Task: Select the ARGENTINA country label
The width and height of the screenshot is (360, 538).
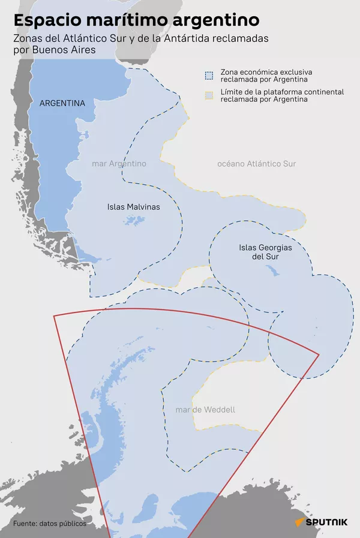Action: tap(62, 103)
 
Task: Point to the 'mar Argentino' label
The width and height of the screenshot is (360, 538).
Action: tap(119, 163)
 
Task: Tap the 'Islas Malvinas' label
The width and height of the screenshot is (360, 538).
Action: tap(133, 207)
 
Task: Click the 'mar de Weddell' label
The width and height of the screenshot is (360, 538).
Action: tap(205, 410)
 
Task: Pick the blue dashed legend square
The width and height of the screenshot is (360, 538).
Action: tap(209, 76)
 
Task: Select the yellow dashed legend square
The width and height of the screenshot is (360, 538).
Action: tap(209, 95)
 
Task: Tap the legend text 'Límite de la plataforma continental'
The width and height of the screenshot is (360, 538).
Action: tap(282, 92)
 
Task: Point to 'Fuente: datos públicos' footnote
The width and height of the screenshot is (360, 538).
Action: tap(50, 523)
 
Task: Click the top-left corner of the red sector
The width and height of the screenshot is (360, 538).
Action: tap(54, 315)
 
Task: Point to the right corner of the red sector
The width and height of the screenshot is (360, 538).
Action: tap(319, 354)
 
